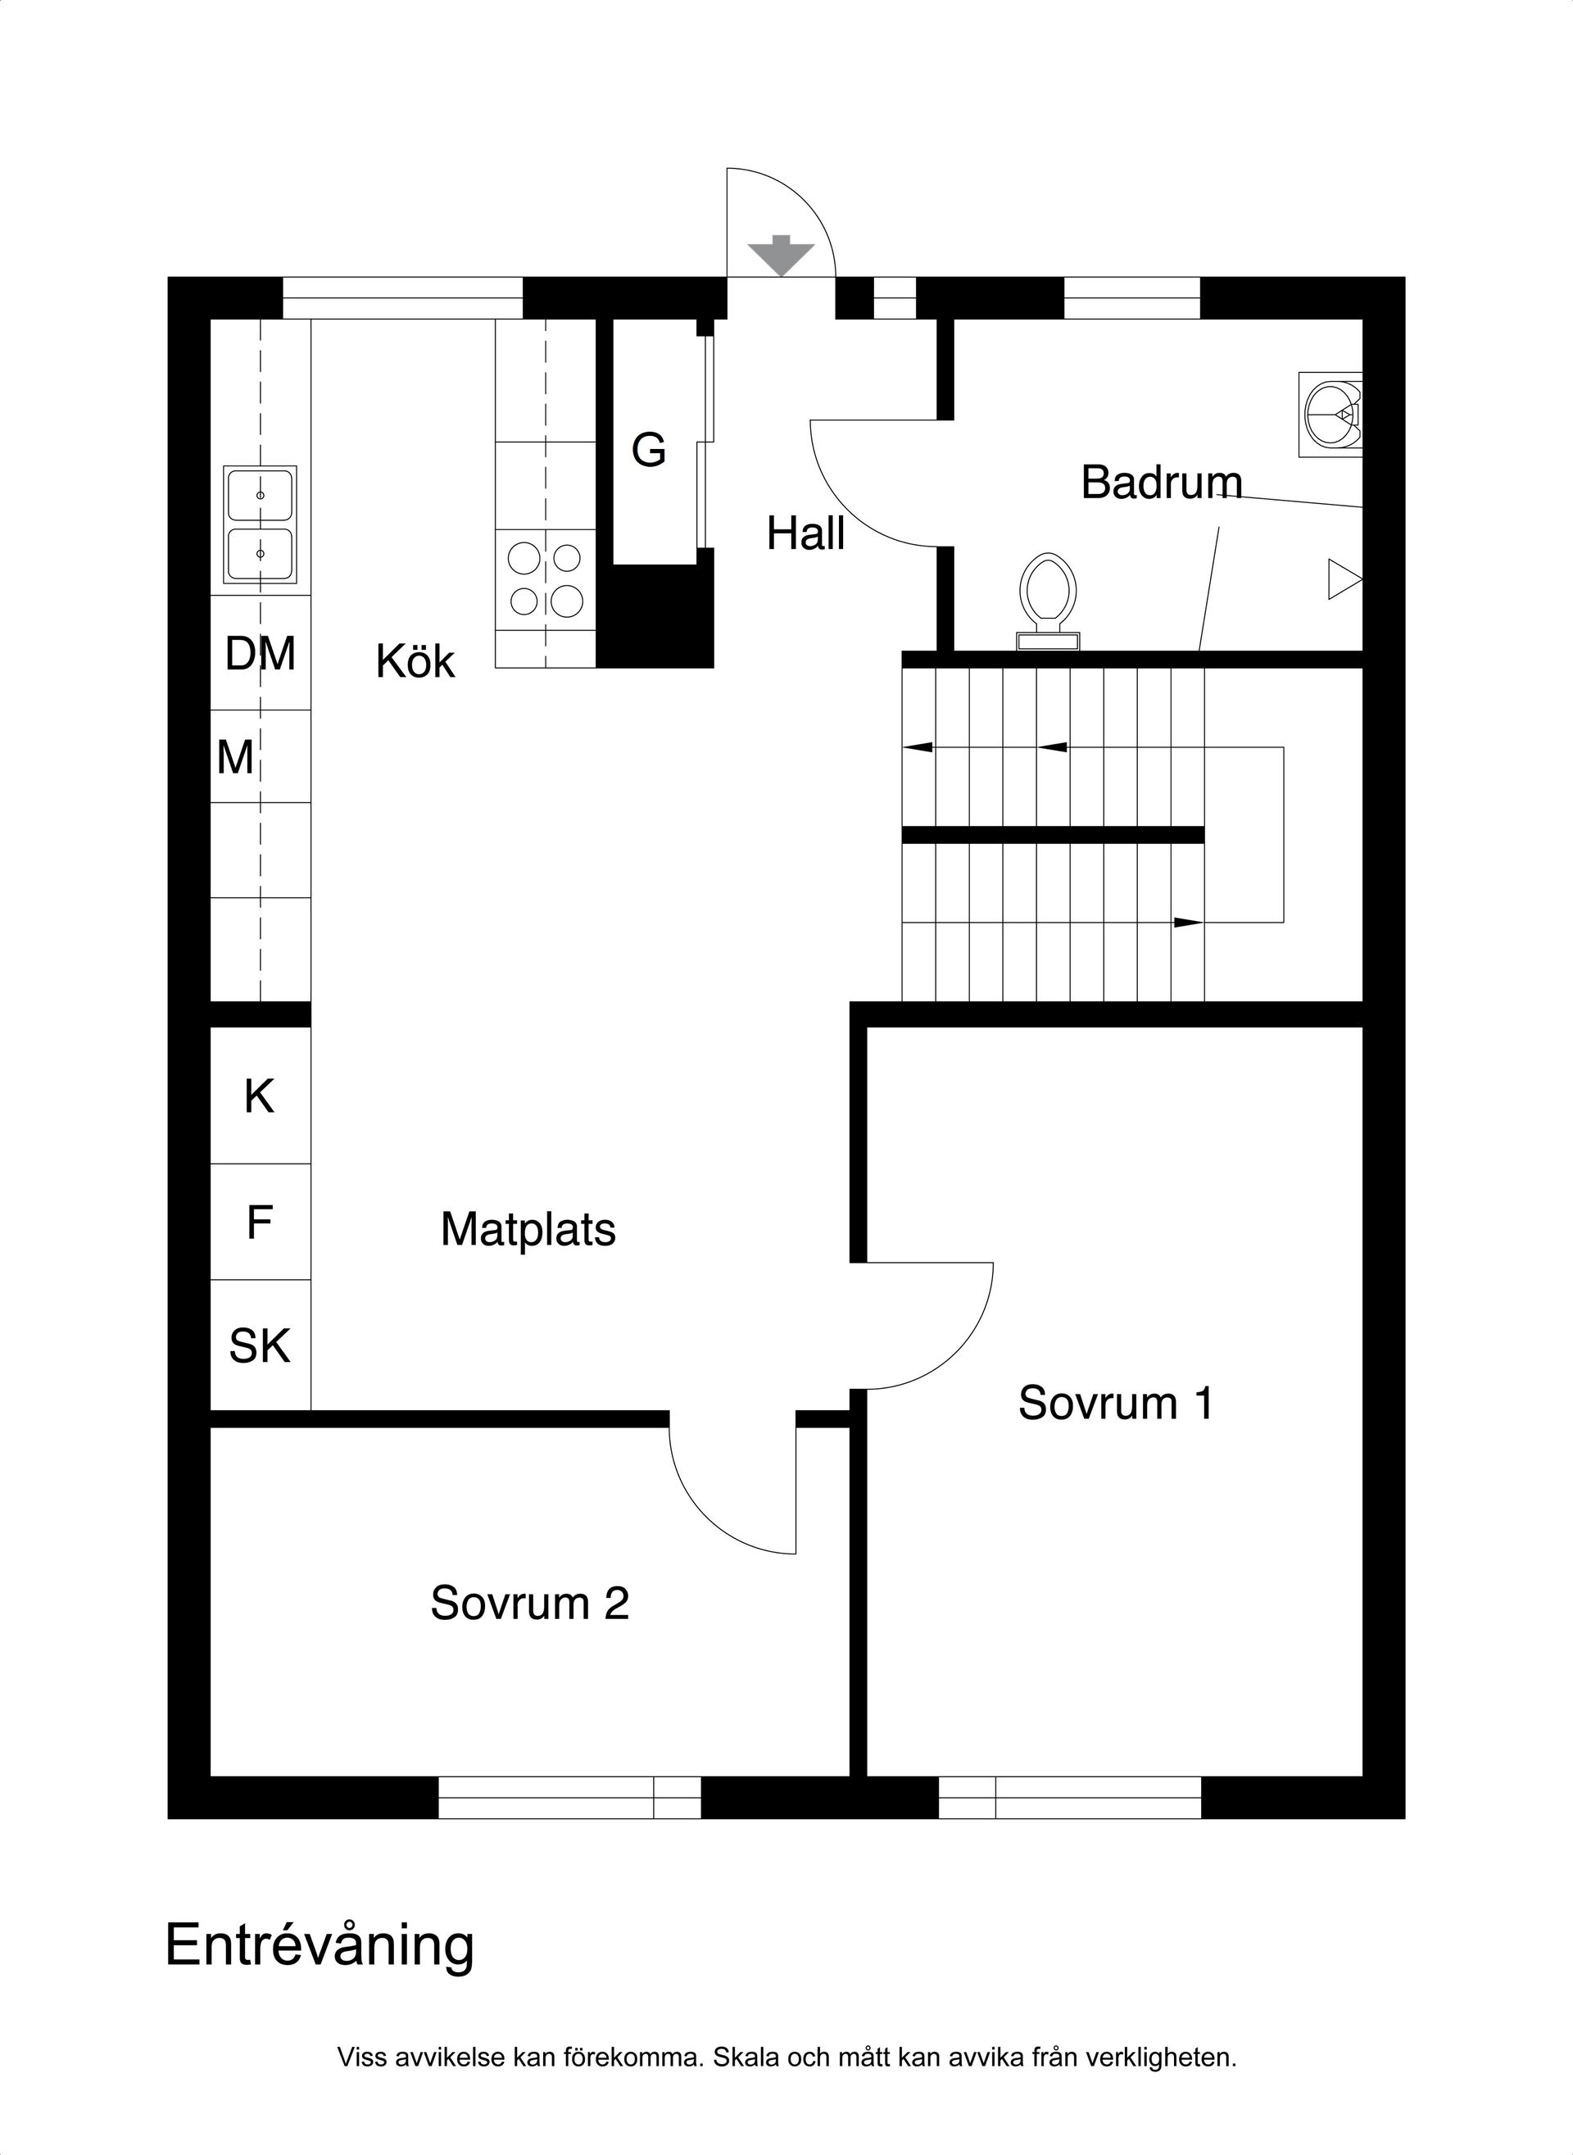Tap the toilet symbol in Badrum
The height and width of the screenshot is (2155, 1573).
pyautogui.click(x=1047, y=600)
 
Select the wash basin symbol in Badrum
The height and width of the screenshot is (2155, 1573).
pyautogui.click(x=1332, y=415)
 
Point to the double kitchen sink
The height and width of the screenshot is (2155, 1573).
pyautogui.click(x=260, y=524)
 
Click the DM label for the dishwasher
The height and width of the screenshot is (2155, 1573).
pyautogui.click(x=260, y=654)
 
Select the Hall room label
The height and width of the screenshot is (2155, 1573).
pyautogui.click(x=805, y=533)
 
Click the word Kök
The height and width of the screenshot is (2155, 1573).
pyautogui.click(x=415, y=662)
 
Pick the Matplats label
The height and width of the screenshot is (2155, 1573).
pyautogui.click(x=528, y=1229)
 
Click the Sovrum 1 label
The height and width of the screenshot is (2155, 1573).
pyautogui.click(x=1115, y=1403)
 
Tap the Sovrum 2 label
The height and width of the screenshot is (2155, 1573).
pyautogui.click(x=529, y=1603)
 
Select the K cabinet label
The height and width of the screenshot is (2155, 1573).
pyautogui.click(x=259, y=1097)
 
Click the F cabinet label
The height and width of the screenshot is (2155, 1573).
pyautogui.click(x=259, y=1223)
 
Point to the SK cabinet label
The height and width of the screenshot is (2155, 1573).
pyautogui.click(x=259, y=1346)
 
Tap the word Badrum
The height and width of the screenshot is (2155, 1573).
pyautogui.click(x=1161, y=483)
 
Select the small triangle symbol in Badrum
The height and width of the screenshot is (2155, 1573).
pyautogui.click(x=1343, y=579)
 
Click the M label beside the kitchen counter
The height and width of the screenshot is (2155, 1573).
pyautogui.click(x=235, y=758)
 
